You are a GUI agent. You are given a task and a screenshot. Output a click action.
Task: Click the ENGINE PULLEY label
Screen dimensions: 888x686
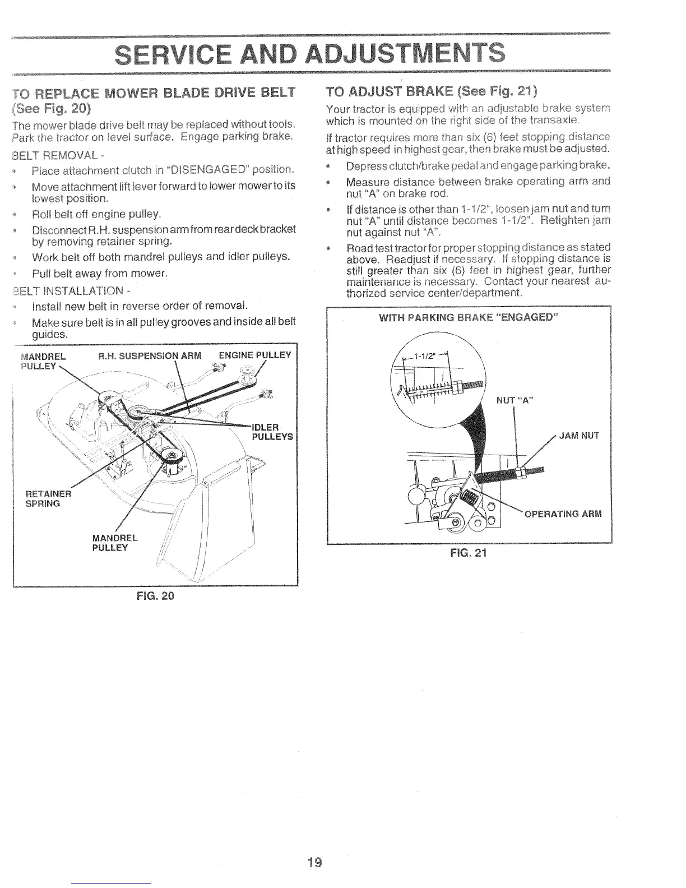click(255, 355)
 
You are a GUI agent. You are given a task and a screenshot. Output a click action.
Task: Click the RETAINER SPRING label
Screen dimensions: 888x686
click(49, 498)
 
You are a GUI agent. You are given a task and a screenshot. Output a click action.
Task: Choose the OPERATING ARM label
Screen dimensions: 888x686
click(563, 514)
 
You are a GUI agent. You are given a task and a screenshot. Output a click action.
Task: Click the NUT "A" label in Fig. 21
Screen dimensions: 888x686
click(514, 400)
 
